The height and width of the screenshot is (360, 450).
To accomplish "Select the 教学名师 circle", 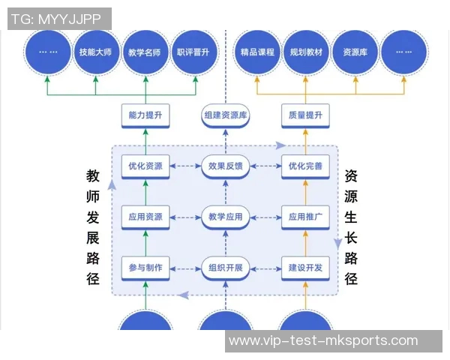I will [145, 52].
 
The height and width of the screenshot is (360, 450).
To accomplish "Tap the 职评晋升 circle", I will [193, 52].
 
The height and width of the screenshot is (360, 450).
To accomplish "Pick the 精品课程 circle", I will [257, 52].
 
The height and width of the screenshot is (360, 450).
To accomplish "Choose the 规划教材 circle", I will [306, 52].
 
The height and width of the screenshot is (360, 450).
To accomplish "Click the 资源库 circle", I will [355, 52].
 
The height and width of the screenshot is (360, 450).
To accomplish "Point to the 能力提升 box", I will [145, 115].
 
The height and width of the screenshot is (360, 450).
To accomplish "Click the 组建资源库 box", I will [226, 115].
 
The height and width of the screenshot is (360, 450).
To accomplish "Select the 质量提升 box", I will [305, 115].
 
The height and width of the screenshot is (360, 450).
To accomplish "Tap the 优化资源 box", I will [145, 166].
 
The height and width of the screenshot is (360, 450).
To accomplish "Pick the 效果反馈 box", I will [226, 166].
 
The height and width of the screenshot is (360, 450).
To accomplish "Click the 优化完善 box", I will [305, 166].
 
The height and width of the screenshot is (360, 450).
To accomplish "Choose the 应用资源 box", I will [145, 217].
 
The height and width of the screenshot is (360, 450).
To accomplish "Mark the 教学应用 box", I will [226, 217].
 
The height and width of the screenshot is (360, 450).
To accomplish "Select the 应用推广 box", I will [305, 217].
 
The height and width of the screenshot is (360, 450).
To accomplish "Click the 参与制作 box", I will [145, 268].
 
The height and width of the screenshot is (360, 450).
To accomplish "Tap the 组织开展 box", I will [226, 268].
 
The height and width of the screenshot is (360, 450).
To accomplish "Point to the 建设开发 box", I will [305, 268].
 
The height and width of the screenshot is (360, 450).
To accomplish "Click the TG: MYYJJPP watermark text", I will [59, 19].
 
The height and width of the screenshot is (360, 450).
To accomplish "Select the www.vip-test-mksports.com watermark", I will [323, 341].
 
